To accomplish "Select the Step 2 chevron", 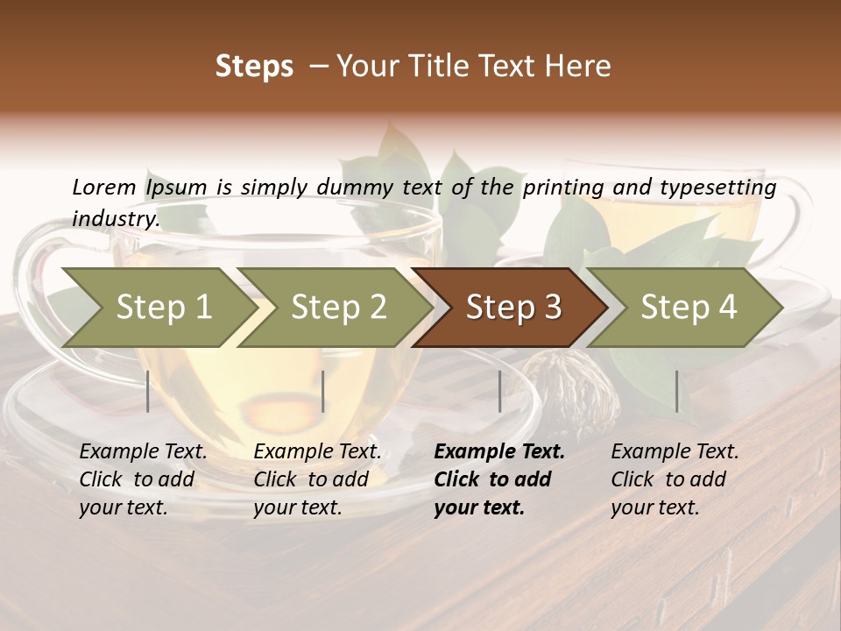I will coord(338,308).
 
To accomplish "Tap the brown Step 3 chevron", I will coord(513,308).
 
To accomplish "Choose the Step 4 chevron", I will coord(689,308).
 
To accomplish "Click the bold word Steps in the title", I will coord(254,67).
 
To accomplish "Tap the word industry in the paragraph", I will coord(116,218).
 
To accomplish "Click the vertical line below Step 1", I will coord(148,391).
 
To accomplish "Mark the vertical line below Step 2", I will coord(323,391).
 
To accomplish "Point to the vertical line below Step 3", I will coord(499,391).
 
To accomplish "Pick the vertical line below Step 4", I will coord(676,391).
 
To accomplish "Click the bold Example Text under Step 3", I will coord(499,452).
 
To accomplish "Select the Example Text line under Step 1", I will coord(143,452).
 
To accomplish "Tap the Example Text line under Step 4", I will coord(675,452).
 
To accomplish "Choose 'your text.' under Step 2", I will coord(297,507).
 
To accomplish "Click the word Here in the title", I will coord(578,67).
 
